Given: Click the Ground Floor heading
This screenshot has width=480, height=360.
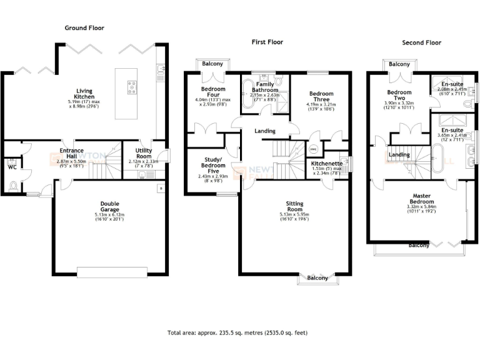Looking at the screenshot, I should coord(84,28).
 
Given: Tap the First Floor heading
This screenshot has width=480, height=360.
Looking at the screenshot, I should coord(267,42).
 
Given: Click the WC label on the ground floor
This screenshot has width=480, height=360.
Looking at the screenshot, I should coord(12,167).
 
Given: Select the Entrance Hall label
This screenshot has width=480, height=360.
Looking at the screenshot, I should coord(71,154).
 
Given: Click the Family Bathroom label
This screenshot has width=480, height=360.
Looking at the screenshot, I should coord(265,87).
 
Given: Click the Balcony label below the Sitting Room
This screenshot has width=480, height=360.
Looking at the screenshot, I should coord(317,278).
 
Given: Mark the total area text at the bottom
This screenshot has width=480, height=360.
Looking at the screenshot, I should coord(237,333).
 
